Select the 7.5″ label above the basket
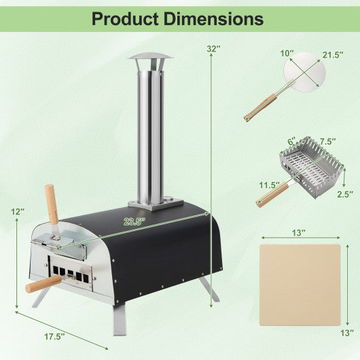[329, 141]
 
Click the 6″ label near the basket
[291, 141]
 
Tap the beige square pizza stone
[300, 286]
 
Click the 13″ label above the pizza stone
[299, 233]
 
